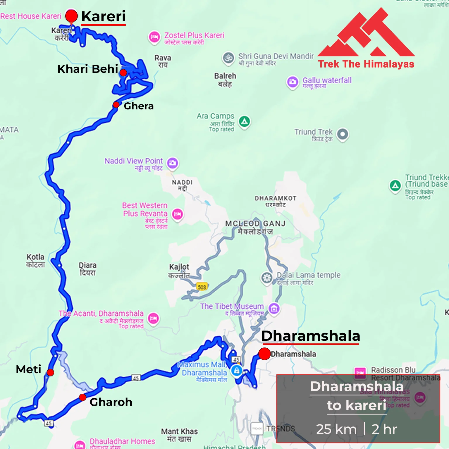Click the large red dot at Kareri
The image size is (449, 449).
71,16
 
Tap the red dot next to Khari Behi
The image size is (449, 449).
123,73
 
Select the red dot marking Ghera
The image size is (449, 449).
116,105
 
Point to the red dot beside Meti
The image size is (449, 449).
50,372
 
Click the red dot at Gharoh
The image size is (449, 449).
82,397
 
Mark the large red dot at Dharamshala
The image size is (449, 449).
264,354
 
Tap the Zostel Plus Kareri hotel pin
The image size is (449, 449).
154,37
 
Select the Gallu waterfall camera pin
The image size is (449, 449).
292,82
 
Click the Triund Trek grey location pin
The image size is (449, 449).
343,134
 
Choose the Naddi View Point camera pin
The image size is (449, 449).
173,163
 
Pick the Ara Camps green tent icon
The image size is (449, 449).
244,121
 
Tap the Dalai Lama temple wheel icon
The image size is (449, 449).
266,277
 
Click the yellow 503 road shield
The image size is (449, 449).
202,287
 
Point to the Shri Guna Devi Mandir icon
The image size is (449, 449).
228,58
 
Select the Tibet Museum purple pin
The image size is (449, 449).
274,308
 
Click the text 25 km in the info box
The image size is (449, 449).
336,429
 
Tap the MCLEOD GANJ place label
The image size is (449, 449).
255,224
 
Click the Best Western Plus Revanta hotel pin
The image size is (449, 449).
177,214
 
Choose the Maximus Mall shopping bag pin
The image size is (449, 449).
236,371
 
